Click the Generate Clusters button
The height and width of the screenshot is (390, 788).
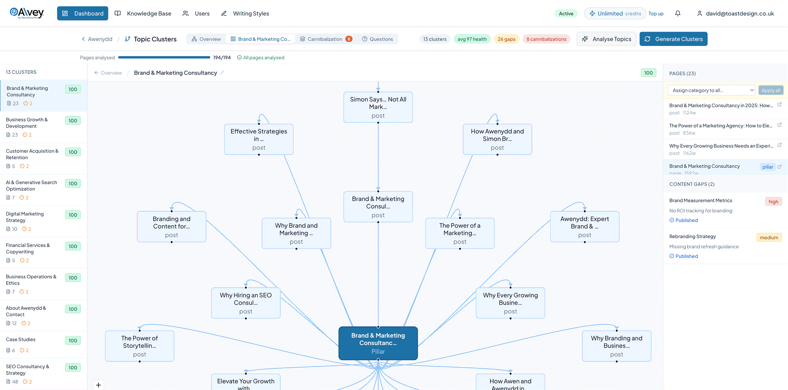pos(673,39)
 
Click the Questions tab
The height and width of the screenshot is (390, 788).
pos(377,39)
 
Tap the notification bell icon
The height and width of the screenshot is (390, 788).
pos(678,13)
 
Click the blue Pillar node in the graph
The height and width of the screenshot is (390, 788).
pos(378,343)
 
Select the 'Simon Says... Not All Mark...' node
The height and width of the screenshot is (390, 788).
pos(378,107)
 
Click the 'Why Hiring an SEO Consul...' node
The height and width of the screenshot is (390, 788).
pos(246,303)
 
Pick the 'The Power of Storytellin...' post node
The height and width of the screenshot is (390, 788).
pos(139,346)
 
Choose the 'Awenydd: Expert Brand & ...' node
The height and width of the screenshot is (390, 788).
pos(584,227)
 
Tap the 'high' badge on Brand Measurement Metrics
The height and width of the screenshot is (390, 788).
pos(773,202)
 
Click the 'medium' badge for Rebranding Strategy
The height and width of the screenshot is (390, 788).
pos(769,238)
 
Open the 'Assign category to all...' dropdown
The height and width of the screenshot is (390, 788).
pos(711,90)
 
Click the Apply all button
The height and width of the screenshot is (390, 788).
pos(771,90)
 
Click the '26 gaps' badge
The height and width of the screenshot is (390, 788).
pos(507,39)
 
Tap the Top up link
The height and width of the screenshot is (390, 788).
pos(656,14)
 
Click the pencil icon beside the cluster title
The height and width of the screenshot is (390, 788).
pos(222,73)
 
